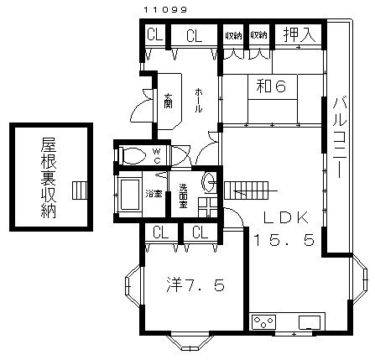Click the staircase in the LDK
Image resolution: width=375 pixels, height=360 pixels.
click(x=251, y=189)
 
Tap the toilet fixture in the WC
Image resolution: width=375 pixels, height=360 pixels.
click(x=132, y=155)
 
